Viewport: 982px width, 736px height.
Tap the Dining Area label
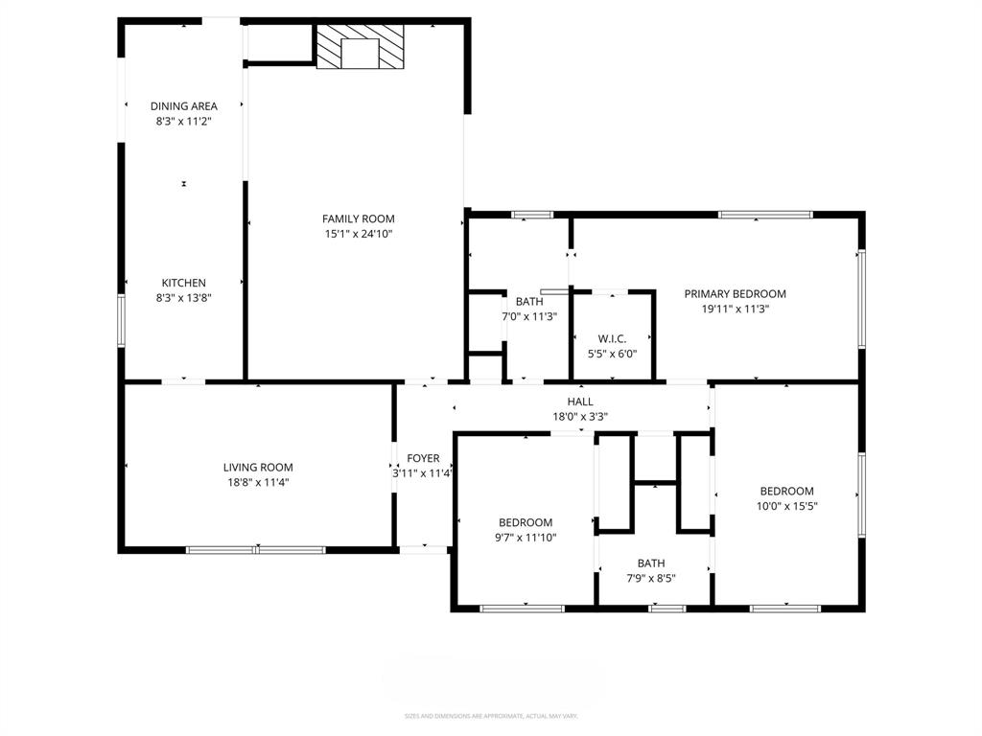[183, 105]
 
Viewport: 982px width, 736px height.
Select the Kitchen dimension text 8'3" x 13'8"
[183, 298]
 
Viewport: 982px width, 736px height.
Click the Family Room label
[358, 218]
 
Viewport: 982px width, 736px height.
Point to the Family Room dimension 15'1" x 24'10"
[358, 234]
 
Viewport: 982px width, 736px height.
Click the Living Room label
[257, 468]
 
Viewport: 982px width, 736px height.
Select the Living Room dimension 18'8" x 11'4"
[257, 483]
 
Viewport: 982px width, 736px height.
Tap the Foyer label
[423, 458]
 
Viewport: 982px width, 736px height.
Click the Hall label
[580, 402]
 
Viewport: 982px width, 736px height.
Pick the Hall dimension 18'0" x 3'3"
[580, 417]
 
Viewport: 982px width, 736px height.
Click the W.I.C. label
[612, 338]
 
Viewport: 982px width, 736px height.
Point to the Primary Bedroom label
[735, 294]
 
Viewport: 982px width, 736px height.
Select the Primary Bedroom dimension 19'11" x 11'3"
[735, 310]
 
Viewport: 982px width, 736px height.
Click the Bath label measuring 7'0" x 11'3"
[529, 301]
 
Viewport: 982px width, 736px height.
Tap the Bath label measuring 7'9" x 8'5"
[651, 563]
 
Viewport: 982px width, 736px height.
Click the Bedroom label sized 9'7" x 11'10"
[525, 521]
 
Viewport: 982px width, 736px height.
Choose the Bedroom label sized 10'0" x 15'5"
[786, 491]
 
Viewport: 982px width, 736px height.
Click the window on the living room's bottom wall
[255, 550]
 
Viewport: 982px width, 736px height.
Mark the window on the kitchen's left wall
[121, 319]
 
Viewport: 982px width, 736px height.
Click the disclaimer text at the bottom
[490, 716]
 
